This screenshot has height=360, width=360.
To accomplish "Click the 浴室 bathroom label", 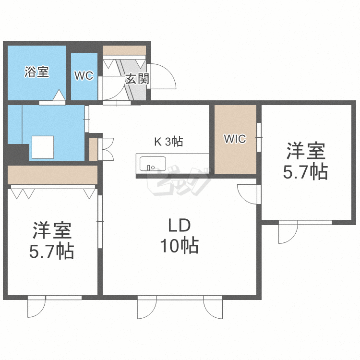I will pyautogui.click(x=36, y=72).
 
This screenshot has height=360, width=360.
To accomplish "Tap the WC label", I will pyautogui.click(x=84, y=76).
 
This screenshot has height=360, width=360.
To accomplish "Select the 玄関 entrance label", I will pyautogui.click(x=137, y=79).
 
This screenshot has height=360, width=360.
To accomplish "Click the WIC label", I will pyautogui.click(x=235, y=139).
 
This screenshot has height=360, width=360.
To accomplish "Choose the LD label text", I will pyautogui.click(x=179, y=225).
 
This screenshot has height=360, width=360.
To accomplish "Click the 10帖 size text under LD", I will pyautogui.click(x=179, y=246).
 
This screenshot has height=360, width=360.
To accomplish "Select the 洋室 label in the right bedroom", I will pyautogui.click(x=306, y=152).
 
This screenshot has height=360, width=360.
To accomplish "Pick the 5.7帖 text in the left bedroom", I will pyautogui.click(x=52, y=251).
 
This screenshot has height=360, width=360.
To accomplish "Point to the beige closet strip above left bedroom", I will pyautogui.click(x=53, y=175).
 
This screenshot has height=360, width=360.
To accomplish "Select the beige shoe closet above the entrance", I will pyautogui.click(x=124, y=50).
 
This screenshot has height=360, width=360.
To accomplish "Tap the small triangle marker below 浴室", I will pyautogui.click(x=59, y=96).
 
